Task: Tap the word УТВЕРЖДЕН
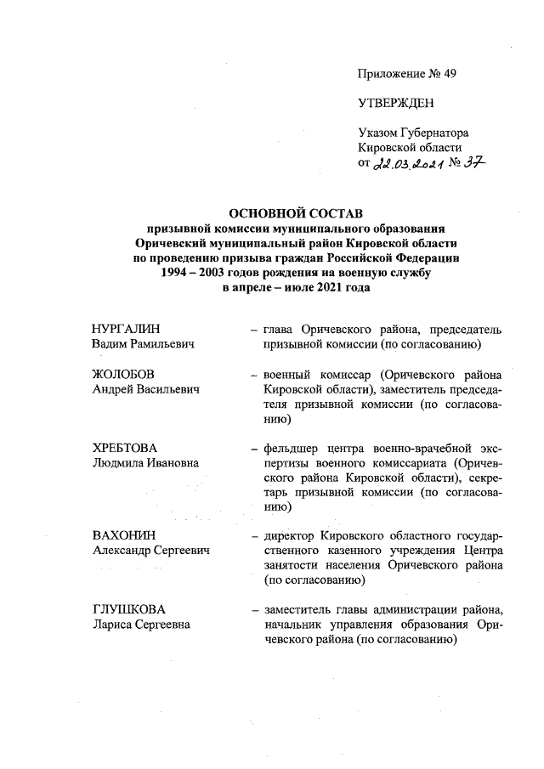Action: (x=395, y=104)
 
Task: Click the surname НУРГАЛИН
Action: (x=126, y=330)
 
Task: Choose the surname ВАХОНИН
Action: (x=122, y=536)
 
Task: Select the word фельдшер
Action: (x=293, y=448)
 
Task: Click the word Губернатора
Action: (x=433, y=133)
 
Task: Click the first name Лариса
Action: (x=113, y=625)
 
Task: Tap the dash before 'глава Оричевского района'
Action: (x=254, y=330)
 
